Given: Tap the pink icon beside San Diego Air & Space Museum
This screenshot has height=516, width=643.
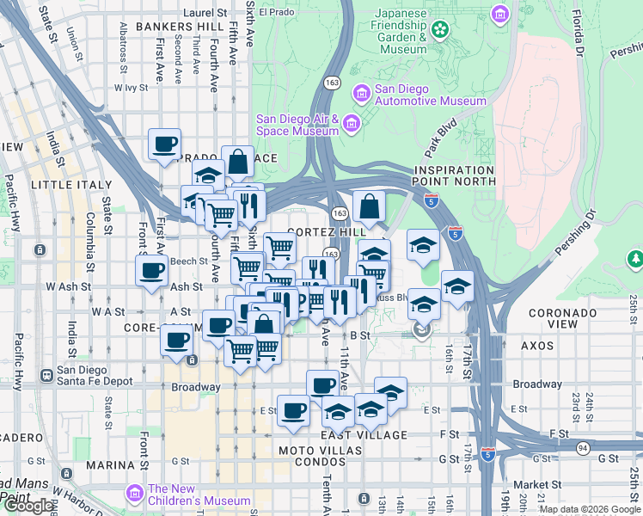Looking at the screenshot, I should click(351, 125).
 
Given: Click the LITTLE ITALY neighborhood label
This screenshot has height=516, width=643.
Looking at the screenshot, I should click(71, 184).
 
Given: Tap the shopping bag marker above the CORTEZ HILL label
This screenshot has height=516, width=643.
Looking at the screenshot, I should click(369, 206).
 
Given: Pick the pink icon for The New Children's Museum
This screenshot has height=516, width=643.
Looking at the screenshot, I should click(134, 494).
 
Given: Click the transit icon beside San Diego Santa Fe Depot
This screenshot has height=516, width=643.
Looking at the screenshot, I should click(45, 376).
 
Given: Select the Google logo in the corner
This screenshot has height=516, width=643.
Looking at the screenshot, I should click(28, 506).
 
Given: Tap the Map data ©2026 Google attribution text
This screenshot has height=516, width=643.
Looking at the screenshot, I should click(589, 509).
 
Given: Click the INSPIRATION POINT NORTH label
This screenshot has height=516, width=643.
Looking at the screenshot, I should click(453, 175).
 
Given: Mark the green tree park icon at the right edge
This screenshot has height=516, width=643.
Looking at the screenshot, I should click(635, 258).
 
